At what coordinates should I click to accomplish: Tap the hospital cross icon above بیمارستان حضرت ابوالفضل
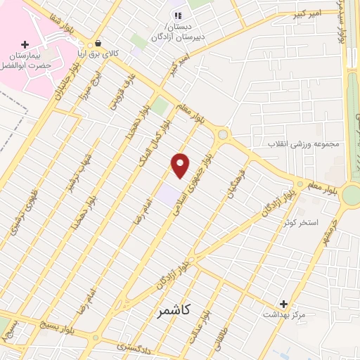coord(25,44)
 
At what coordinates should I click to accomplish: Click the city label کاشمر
coord(168,309)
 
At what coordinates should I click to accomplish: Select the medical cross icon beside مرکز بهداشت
coord(283,304)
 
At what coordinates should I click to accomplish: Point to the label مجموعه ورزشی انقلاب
coord(303,144)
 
